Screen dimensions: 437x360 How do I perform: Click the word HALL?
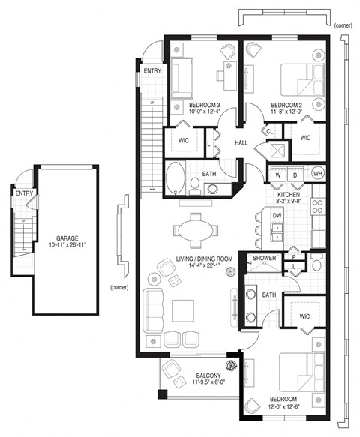pos(241,142)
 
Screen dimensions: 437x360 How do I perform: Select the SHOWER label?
pos(265,259)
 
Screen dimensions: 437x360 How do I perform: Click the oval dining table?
pos(198,229)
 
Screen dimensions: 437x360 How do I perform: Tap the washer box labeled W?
pos(279,175)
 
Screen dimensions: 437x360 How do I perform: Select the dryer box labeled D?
pos(295,175)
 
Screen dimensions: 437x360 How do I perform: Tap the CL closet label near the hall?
pos(268,132)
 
